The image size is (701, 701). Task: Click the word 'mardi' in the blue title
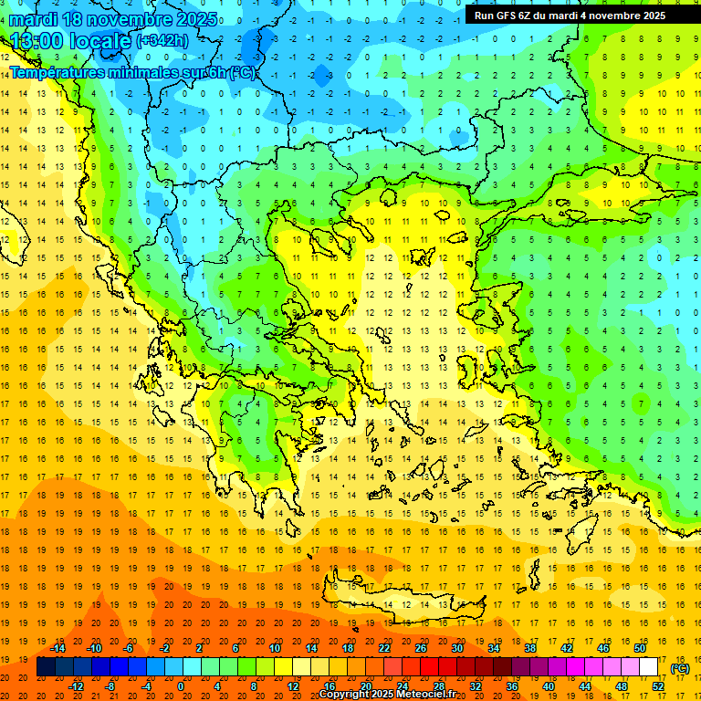point(30,19)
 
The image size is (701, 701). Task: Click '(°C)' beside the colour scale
point(680,668)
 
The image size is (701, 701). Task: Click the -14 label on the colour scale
point(58,648)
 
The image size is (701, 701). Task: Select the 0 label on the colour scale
point(181,685)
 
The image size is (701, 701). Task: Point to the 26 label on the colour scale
point(421,648)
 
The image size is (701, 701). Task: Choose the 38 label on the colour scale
point(530,648)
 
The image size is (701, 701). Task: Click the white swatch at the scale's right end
point(648,667)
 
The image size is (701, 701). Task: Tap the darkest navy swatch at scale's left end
point(46,667)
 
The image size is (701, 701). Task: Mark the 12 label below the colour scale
point(293,685)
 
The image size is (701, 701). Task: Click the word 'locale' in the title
point(102,41)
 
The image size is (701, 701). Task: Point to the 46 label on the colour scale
point(603,648)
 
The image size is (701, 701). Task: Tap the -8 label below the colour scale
point(110,685)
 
